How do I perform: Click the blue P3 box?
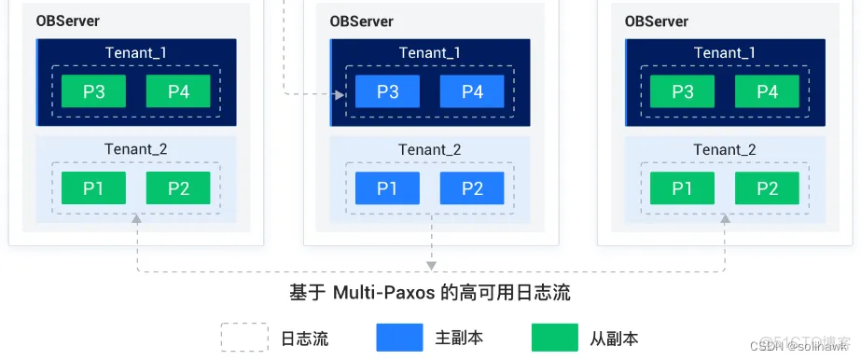coord(386,91)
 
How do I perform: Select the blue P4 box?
coord(472,91)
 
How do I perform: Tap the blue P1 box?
coord(386,188)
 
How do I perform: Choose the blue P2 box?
coord(472,188)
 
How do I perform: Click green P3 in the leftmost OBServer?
coord(93,91)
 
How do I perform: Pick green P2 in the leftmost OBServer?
coord(178,188)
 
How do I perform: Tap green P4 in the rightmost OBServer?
coord(768,91)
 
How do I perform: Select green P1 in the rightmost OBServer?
coord(682,188)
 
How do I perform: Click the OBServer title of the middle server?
coord(361,21)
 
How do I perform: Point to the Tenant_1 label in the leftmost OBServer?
coord(136,52)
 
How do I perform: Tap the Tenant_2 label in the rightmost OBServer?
coord(725,149)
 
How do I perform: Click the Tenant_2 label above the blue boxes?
coord(430,149)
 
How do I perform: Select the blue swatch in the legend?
coord(399,338)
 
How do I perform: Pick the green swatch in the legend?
coord(554,338)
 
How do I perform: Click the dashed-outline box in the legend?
coord(243,338)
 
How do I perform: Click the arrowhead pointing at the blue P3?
coord(340,93)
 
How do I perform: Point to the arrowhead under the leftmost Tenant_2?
coord(137,218)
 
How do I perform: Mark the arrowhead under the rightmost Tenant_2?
coord(725,218)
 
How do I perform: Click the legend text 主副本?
coord(459,338)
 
